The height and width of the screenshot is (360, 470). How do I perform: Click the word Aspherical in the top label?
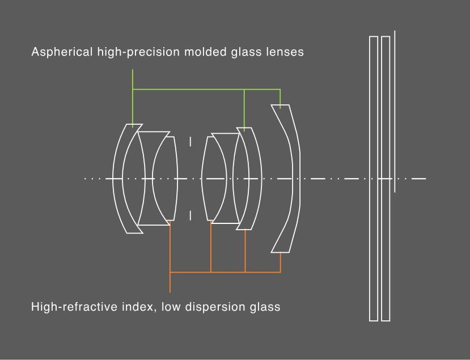tap(62, 52)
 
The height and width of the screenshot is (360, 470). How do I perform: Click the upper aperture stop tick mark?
tap(190, 142)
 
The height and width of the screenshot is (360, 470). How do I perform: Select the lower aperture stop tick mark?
tap(190, 215)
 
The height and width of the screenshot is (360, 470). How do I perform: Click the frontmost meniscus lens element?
tap(118, 179)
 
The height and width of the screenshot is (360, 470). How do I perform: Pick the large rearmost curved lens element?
tap(295, 179)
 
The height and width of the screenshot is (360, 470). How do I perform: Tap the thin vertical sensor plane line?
tap(395, 111)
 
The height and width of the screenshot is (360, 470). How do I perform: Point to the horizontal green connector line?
tap(206, 90)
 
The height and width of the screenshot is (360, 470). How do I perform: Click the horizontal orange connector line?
tap(226, 272)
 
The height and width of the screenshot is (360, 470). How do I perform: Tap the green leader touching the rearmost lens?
tap(280, 99)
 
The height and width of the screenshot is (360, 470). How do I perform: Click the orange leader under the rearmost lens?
tap(281, 262)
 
